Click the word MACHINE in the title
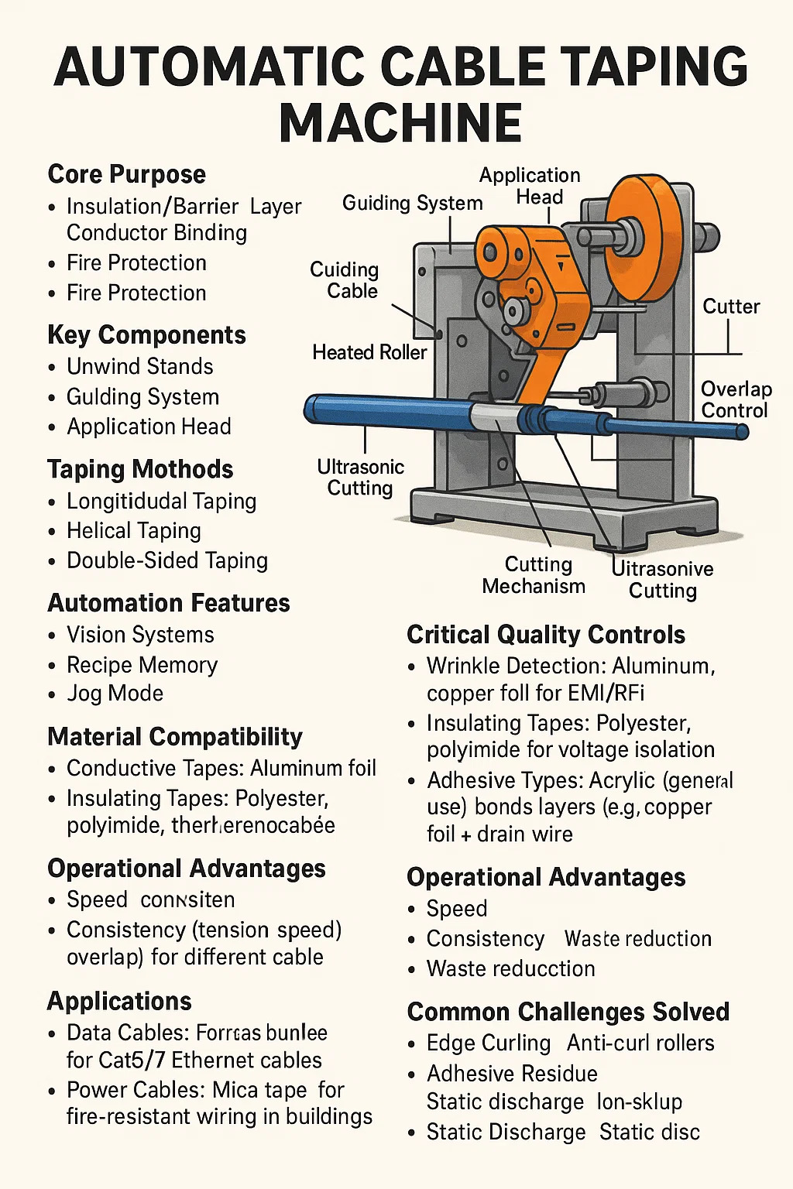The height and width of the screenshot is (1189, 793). pyautogui.click(x=400, y=122)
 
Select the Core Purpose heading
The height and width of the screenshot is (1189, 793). pyautogui.click(x=127, y=174)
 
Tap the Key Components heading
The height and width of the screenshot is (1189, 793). pyautogui.click(x=146, y=334)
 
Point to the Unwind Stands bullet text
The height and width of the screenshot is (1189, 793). pyautogui.click(x=139, y=366)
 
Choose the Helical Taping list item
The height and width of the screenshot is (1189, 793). pyautogui.click(x=133, y=530)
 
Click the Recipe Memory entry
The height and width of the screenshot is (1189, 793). pyautogui.click(x=142, y=665)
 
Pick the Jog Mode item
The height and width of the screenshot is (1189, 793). pyautogui.click(x=115, y=693)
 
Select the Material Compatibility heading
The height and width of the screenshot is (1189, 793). pyautogui.click(x=175, y=736)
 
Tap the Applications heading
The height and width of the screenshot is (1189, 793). pyautogui.click(x=119, y=1001)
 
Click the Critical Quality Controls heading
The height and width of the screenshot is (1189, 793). pyautogui.click(x=546, y=635)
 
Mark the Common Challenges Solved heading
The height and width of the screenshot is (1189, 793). pyautogui.click(x=568, y=1012)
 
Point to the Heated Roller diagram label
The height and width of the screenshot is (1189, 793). pyautogui.click(x=369, y=353)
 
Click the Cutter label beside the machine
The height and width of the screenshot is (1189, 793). pyautogui.click(x=730, y=307)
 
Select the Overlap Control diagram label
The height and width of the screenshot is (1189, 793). pyautogui.click(x=736, y=399)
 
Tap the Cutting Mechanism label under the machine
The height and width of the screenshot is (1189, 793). pyautogui.click(x=534, y=575)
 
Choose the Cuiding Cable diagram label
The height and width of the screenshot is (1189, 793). pyautogui.click(x=344, y=280)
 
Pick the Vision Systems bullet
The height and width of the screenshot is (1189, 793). pyautogui.click(x=140, y=635)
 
